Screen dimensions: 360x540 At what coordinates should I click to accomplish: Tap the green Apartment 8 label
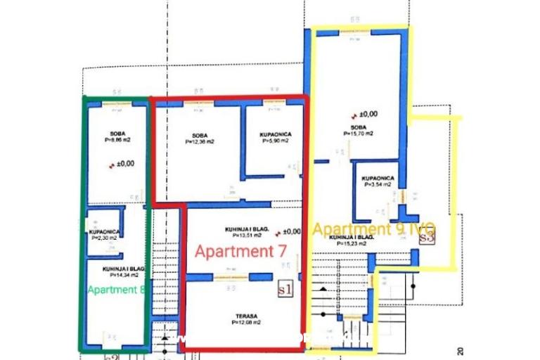(117, 289)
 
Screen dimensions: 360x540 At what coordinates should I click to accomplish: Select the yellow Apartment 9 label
(374, 229)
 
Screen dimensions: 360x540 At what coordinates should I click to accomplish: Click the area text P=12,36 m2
(200, 141)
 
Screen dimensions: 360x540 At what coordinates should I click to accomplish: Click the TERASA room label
(246, 316)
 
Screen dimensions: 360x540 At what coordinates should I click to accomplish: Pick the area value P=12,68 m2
(246, 323)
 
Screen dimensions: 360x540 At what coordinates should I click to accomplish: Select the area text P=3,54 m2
(378, 186)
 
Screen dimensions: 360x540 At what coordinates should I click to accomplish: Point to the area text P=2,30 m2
(104, 238)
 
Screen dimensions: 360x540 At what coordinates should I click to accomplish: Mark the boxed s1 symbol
(285, 288)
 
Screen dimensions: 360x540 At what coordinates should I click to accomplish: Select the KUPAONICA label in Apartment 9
(378, 179)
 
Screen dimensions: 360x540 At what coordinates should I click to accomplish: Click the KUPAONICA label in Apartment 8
(104, 232)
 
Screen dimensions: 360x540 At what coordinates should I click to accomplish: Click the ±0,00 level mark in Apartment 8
(125, 164)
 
